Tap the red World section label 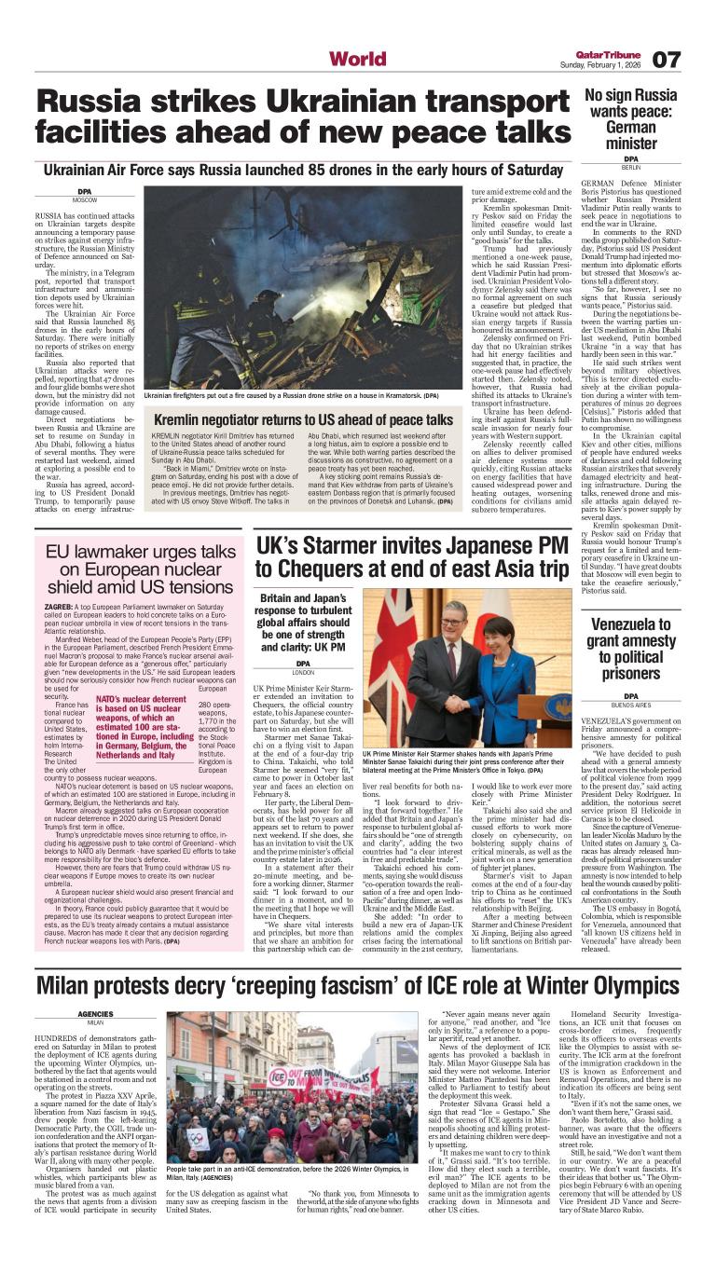point(357,60)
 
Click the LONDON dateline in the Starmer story point(303,672)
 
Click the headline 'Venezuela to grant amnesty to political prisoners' point(631,649)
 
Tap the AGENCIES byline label point(95,1014)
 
